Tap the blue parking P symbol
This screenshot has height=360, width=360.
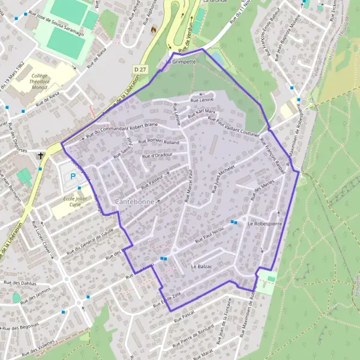(73, 176)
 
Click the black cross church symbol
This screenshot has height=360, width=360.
(41, 156)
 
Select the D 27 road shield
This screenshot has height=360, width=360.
(140, 70)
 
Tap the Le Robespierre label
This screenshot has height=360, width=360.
(264, 223)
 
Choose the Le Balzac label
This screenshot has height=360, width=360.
(202, 265)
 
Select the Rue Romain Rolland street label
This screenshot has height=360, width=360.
(159, 142)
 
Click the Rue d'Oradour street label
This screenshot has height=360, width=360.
(158, 156)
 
